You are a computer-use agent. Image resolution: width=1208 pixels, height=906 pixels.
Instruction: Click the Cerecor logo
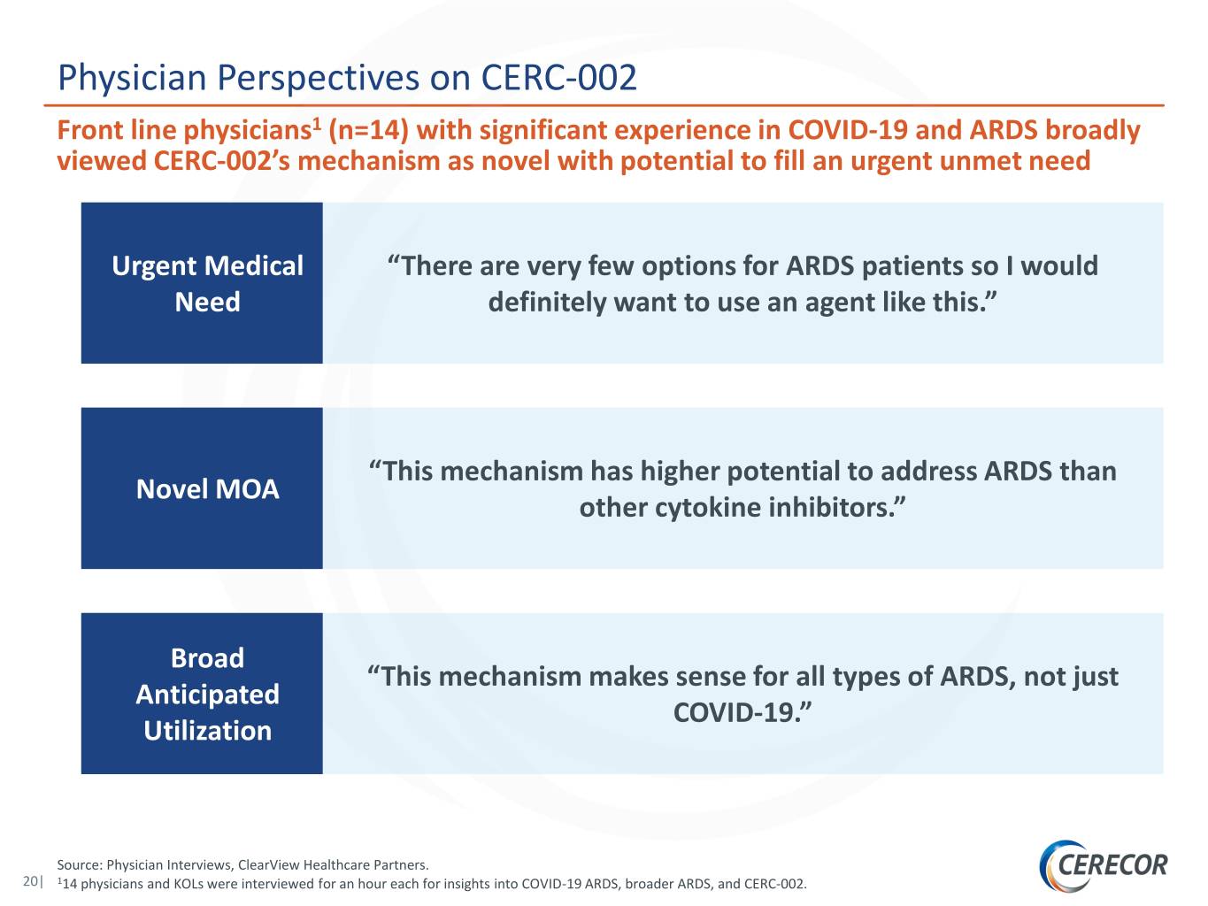(1103, 865)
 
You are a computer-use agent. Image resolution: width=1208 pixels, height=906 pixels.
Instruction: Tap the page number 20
(30, 880)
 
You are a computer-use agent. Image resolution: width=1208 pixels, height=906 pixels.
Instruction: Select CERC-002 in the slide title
(559, 77)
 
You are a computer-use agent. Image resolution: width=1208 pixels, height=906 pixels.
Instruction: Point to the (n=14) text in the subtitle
(369, 130)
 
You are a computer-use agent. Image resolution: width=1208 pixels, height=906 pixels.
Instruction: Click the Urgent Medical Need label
(207, 283)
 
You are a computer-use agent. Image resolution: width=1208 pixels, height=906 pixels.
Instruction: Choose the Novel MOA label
(207, 488)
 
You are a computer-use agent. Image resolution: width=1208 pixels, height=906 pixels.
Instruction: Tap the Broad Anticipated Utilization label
(207, 694)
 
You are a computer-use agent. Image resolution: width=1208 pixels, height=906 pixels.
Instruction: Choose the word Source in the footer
(80, 864)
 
